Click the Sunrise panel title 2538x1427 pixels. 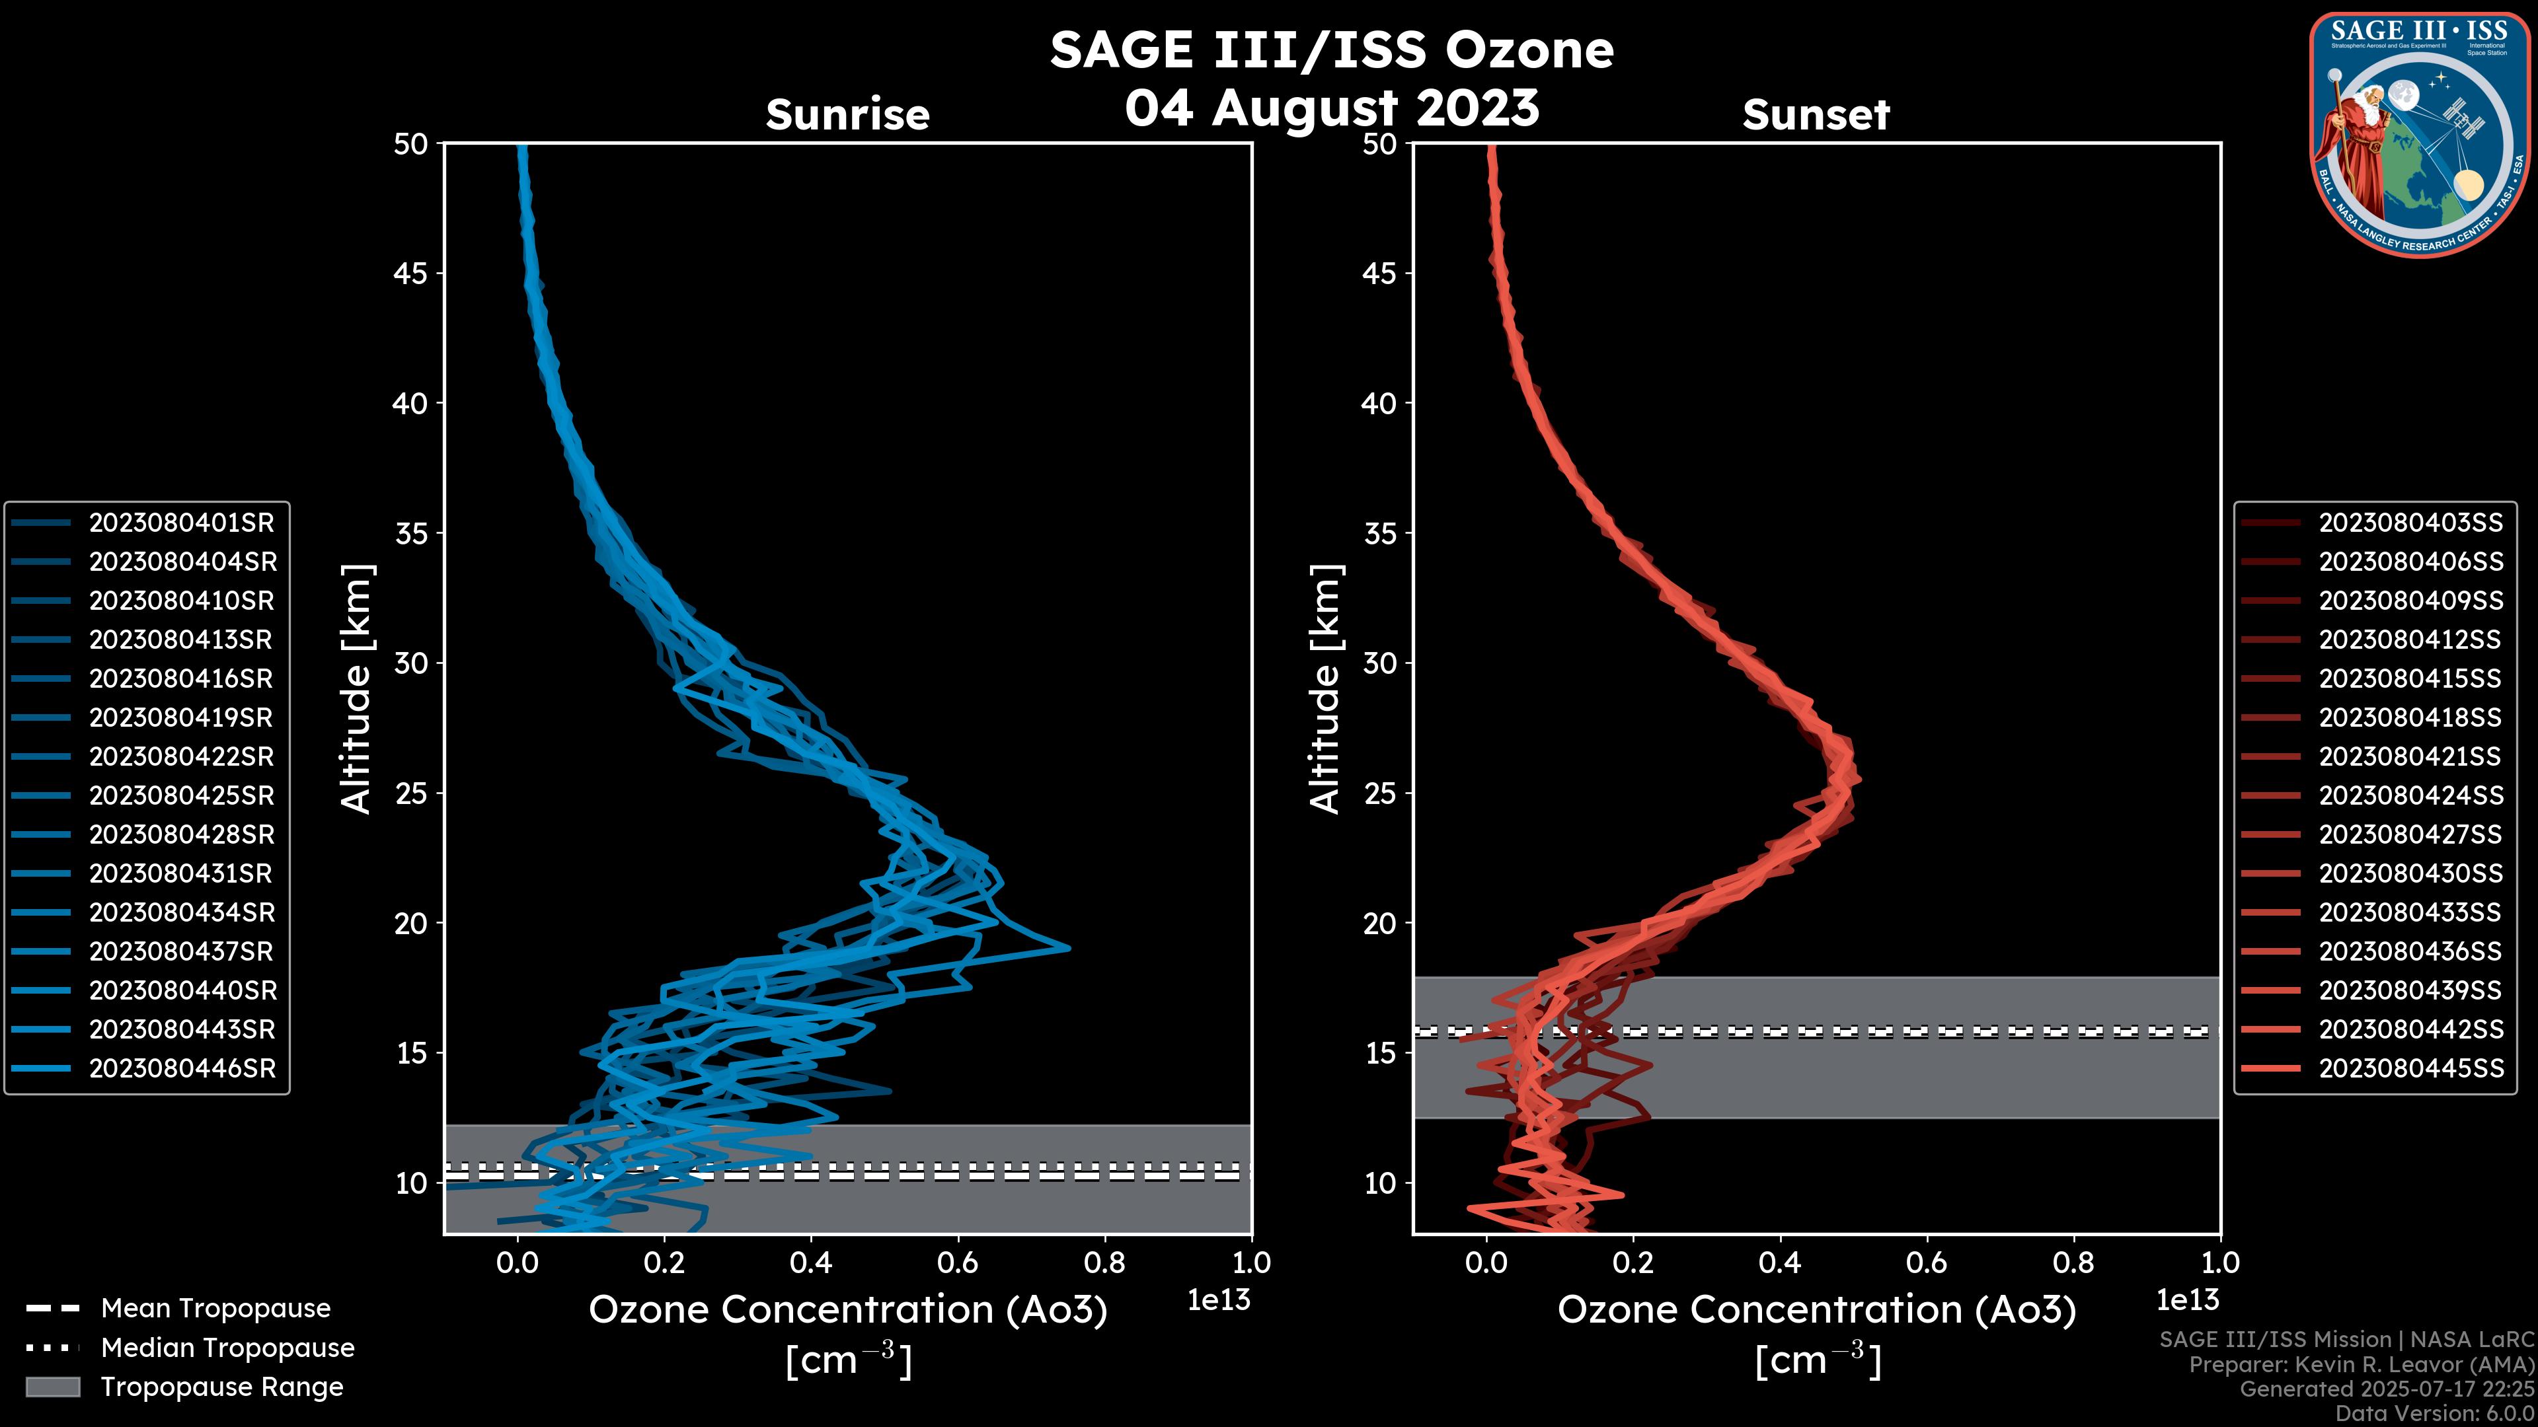[847, 114]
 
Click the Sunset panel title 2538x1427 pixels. [1816, 114]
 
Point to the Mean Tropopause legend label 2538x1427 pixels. [215, 1308]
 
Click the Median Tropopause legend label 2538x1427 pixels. [227, 1347]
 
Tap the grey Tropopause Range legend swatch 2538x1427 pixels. [52, 1387]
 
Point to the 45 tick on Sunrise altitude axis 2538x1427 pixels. [411, 273]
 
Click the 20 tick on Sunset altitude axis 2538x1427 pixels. [1379, 923]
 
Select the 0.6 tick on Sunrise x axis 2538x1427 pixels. [958, 1262]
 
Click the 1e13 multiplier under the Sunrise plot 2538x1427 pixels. [1219, 1300]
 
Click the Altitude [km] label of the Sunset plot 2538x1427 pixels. [1326, 689]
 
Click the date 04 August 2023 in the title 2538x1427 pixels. [1331, 108]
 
